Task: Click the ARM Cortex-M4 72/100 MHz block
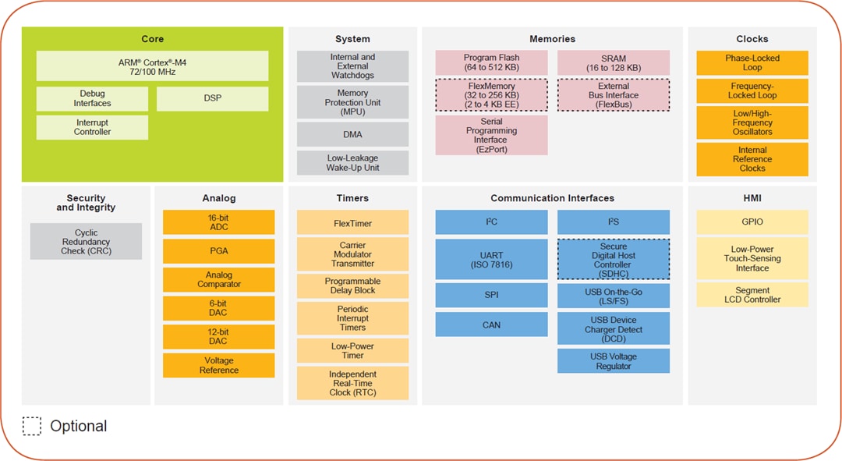[152, 66]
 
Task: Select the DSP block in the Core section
[212, 98]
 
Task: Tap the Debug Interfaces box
[92, 98]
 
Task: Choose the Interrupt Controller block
[92, 127]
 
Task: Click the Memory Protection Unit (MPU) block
[352, 102]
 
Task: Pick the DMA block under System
[352, 134]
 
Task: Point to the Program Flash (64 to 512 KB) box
[491, 62]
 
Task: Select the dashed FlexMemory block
[491, 95]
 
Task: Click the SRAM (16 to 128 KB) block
[613, 62]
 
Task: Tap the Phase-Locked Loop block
[752, 62]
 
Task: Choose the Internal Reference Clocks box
[752, 159]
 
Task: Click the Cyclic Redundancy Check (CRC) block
[86, 241]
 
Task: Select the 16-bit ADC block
[218, 222]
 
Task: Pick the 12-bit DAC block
[218, 336]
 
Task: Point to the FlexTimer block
[352, 223]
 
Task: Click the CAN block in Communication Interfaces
[491, 324]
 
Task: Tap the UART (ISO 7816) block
[491, 259]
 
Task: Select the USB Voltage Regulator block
[613, 361]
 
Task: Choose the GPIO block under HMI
[752, 222]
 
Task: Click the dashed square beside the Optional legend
[32, 426]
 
